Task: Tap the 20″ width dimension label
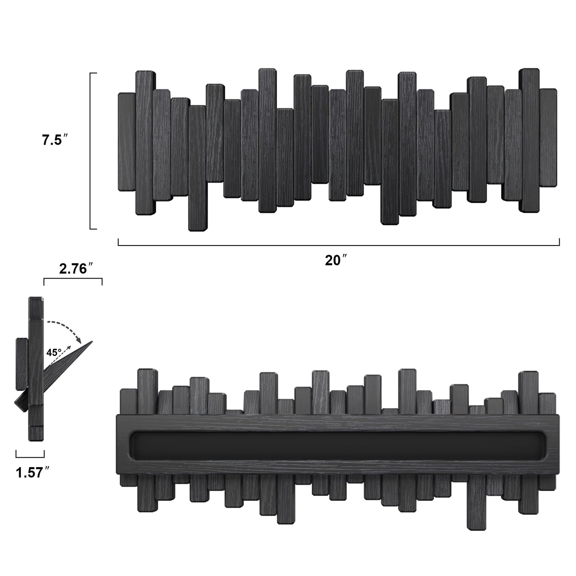pos(336,260)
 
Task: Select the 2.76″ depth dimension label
pos(77,269)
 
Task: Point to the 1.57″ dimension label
pos(33,473)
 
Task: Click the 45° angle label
pos(54,353)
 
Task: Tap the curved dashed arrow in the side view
pos(66,328)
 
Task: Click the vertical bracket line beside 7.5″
pos(91,151)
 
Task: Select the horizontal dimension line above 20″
pos(339,246)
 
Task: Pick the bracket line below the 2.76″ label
pos(73,279)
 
